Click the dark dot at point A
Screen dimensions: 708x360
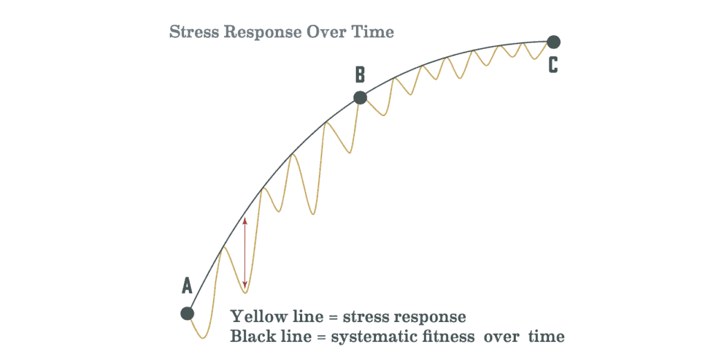click(x=187, y=313)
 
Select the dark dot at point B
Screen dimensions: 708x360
click(x=360, y=97)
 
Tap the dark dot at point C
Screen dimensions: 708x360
click(x=554, y=42)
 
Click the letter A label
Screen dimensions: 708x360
click(x=187, y=285)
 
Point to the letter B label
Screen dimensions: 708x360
click(x=360, y=75)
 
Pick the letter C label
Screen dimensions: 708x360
click(x=553, y=65)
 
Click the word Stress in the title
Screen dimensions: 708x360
click(x=194, y=32)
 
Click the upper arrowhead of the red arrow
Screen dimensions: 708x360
click(x=245, y=221)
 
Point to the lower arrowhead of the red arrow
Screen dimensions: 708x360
click(x=245, y=285)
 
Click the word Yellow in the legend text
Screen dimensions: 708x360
click(x=259, y=316)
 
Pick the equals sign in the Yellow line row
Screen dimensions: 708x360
click(x=333, y=317)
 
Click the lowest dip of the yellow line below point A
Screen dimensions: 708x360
click(x=203, y=337)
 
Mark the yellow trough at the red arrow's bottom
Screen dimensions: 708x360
click(x=245, y=292)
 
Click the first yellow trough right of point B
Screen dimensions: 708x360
click(x=383, y=115)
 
